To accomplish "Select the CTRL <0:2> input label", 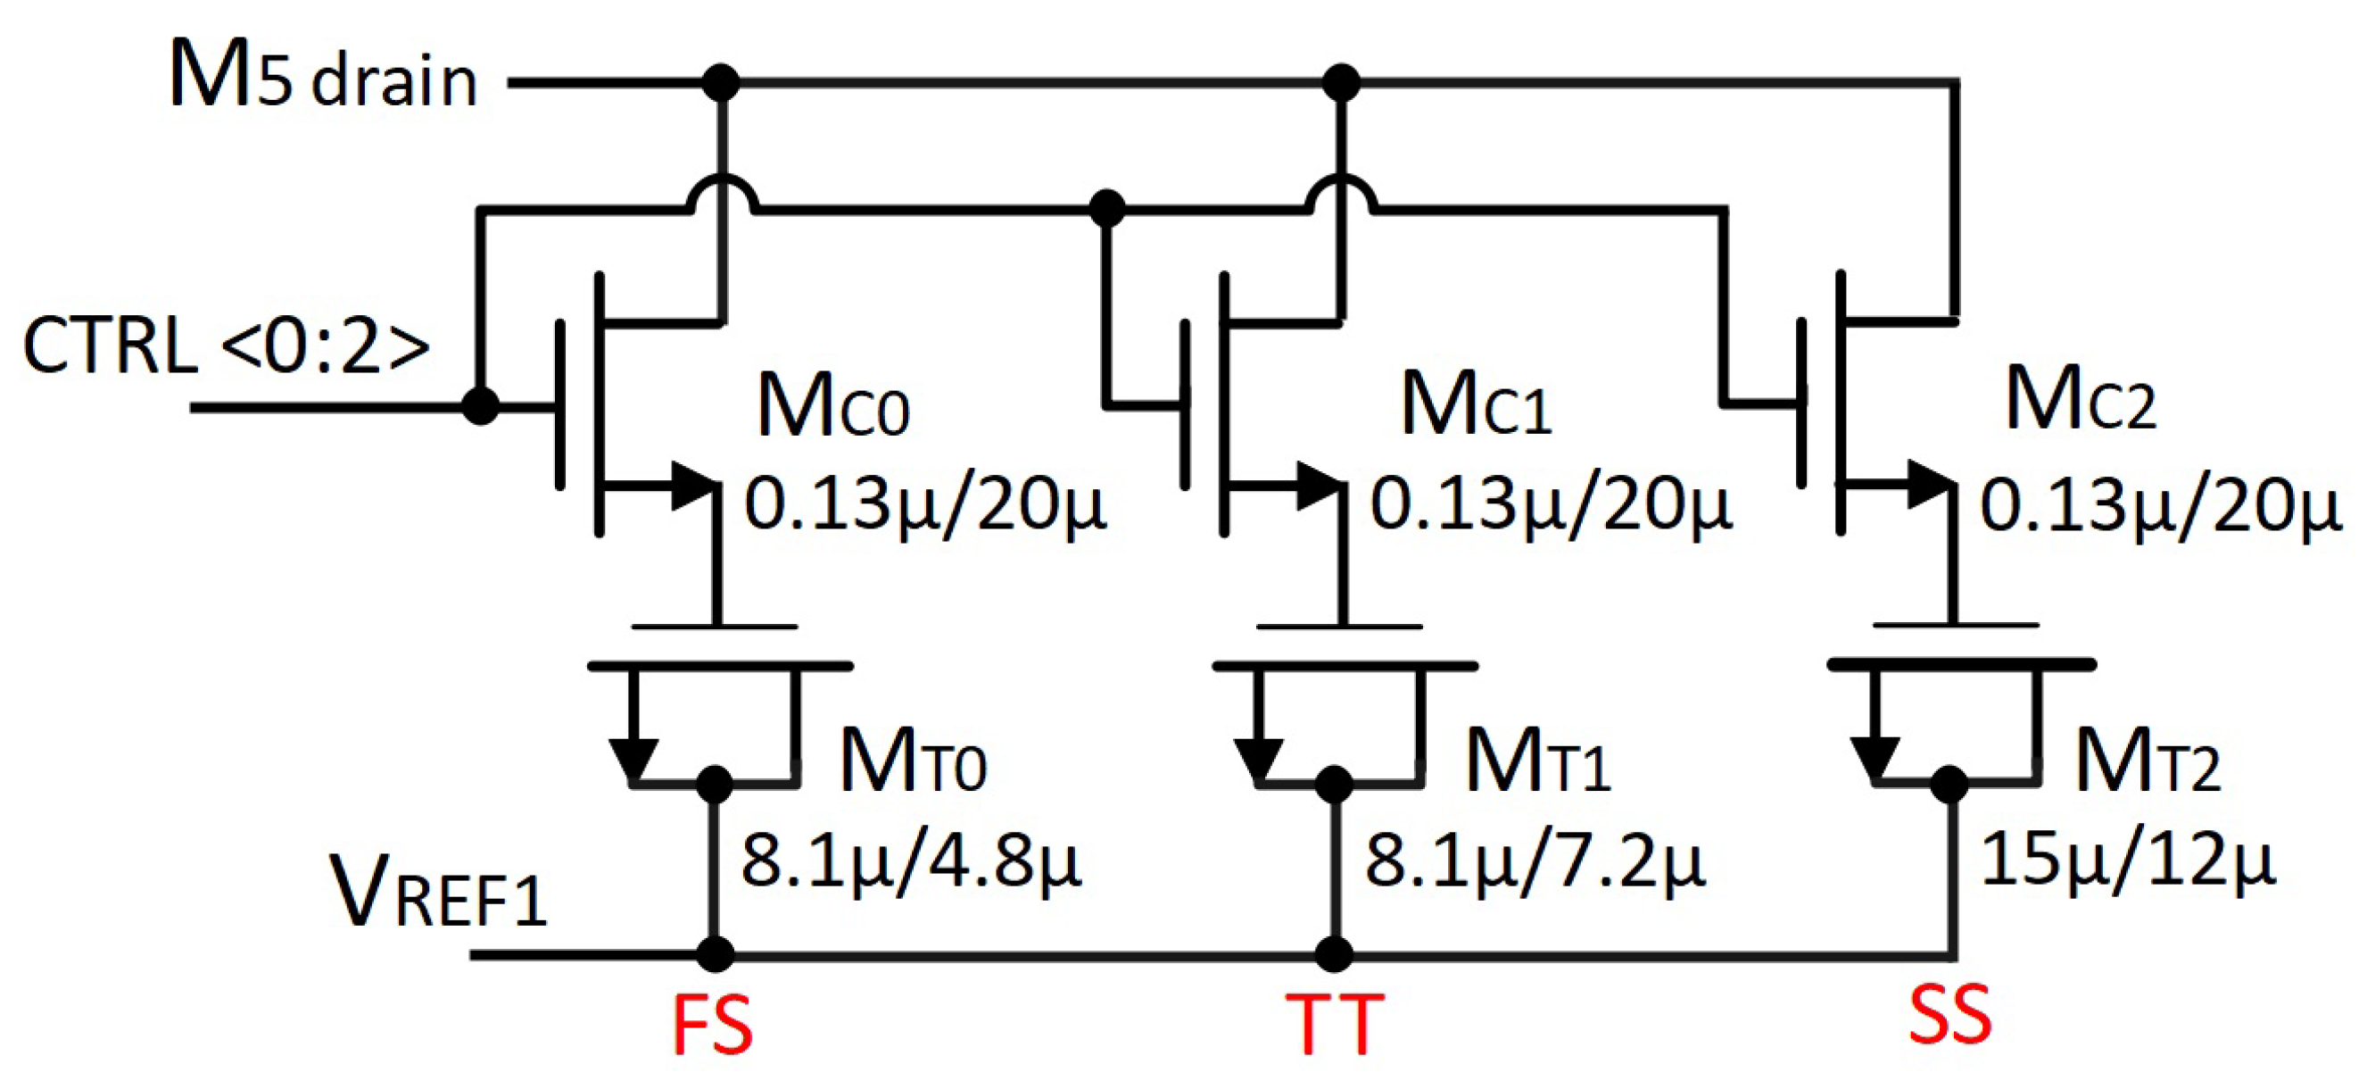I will point(226,346).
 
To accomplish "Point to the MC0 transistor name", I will point(832,407).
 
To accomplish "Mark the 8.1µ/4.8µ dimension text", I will point(911,862).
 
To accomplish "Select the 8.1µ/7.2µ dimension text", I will point(1535,862).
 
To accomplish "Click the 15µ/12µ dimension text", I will point(2128,860).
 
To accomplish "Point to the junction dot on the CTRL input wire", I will point(480,405).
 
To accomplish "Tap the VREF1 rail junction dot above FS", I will point(715,955).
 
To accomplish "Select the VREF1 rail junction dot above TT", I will point(1334,955).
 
